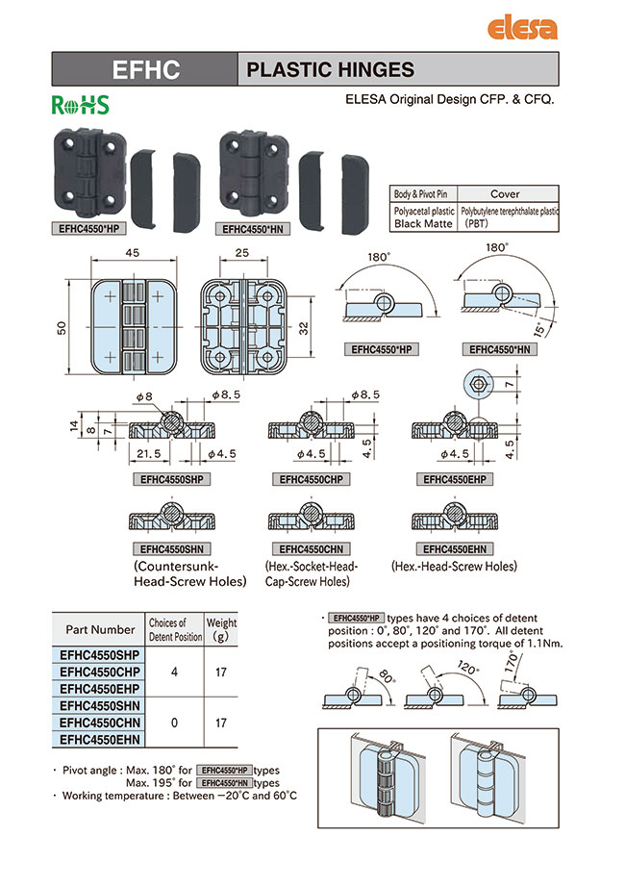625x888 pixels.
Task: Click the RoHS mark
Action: point(80,105)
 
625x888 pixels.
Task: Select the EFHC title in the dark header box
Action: point(145,69)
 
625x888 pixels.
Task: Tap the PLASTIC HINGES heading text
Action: point(331,69)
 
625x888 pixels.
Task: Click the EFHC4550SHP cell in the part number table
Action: point(100,654)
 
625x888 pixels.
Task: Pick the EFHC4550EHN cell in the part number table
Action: point(100,739)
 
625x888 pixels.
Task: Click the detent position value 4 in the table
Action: point(174,672)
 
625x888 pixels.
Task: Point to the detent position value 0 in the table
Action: point(174,722)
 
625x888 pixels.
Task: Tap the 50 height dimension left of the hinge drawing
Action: point(62,327)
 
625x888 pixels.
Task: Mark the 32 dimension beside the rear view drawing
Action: point(304,327)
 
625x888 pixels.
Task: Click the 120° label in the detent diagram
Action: point(468,668)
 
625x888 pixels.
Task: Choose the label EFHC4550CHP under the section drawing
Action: point(313,478)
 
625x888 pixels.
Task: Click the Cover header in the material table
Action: point(505,193)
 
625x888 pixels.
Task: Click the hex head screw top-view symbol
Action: point(478,383)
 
